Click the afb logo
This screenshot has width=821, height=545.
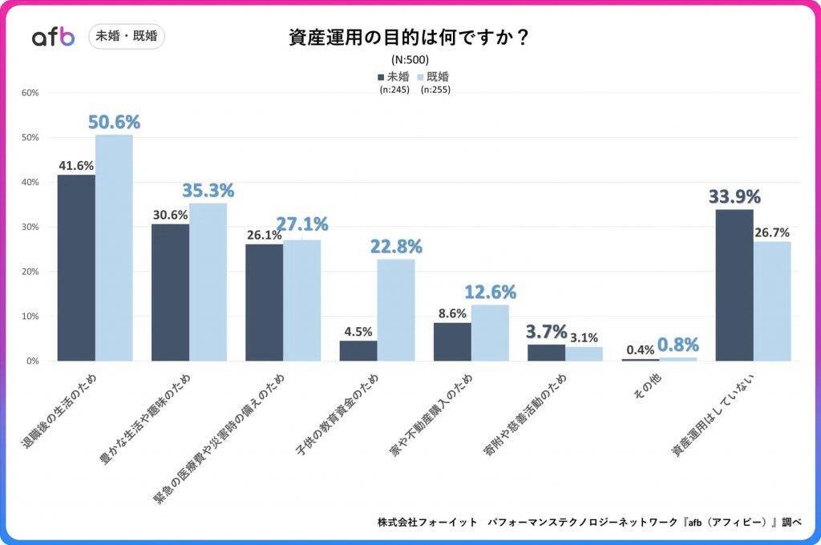click(53, 37)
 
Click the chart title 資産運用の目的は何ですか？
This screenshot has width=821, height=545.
click(409, 38)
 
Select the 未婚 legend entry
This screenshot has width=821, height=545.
click(394, 77)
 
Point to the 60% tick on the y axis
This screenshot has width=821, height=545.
click(30, 93)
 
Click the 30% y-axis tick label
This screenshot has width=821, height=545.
click(30, 227)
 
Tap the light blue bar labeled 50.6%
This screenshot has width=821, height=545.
click(114, 248)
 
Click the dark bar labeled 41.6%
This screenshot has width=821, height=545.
click(76, 268)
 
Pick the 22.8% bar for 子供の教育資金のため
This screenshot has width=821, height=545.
click(396, 309)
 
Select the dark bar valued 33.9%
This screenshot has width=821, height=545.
click(734, 285)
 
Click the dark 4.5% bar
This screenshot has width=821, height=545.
click(358, 350)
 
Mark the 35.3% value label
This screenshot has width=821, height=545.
click(208, 191)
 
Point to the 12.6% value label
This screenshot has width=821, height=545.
click(490, 293)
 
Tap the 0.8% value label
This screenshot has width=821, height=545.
click(678, 345)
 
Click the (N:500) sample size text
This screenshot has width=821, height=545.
click(410, 59)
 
